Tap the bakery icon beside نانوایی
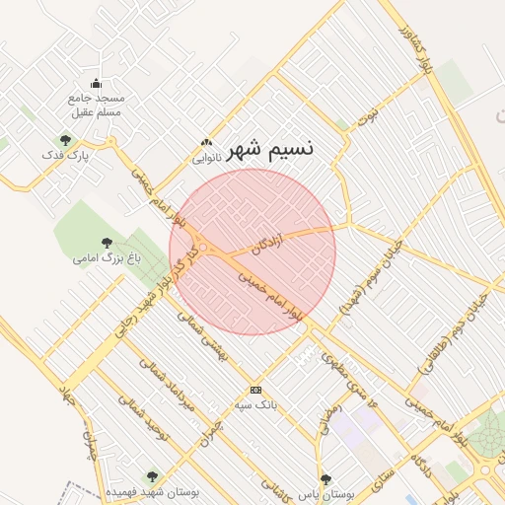click(x=205, y=143)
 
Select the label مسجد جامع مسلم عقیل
click(x=96, y=106)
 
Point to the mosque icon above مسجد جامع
click(x=96, y=84)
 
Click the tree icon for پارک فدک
click(x=65, y=140)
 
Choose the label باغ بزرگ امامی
click(x=107, y=258)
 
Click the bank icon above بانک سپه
click(x=256, y=389)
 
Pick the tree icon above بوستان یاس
click(x=325, y=478)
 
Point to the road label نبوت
click(x=367, y=116)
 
